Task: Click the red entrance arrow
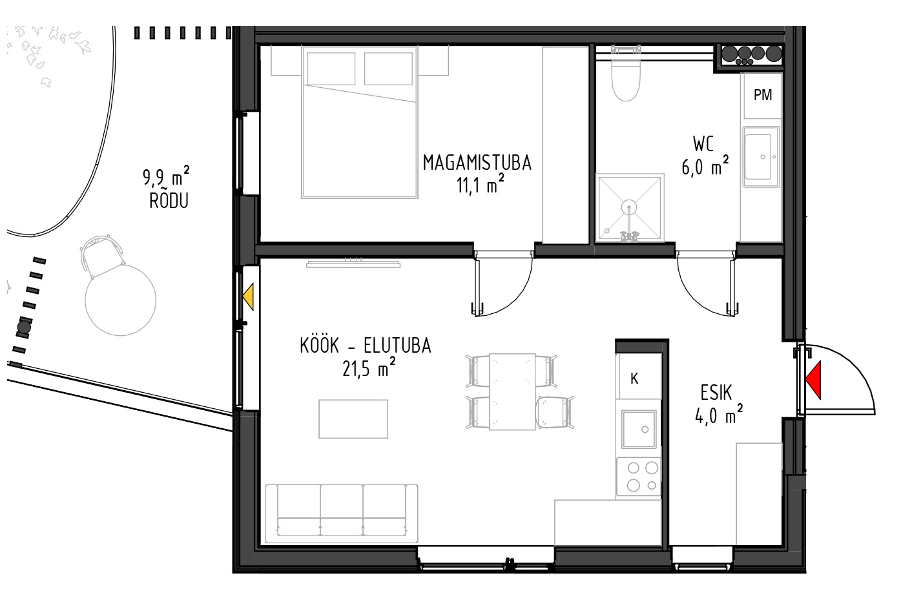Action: (x=813, y=380)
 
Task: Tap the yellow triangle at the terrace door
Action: (x=248, y=296)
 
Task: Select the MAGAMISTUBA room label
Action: (x=477, y=163)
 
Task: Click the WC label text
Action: (x=703, y=144)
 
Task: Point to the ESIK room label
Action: (x=716, y=393)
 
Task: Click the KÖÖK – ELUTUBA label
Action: (x=365, y=346)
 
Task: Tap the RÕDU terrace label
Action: (x=169, y=201)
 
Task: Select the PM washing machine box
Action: (x=763, y=96)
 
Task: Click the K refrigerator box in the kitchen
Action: (x=638, y=377)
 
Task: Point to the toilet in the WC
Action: (x=625, y=81)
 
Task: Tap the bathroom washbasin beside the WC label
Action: (x=761, y=157)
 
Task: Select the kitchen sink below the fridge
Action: (x=639, y=429)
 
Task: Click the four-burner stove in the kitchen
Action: (x=639, y=477)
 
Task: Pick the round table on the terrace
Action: (x=120, y=300)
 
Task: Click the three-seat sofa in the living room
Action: (x=342, y=514)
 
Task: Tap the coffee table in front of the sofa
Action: (x=353, y=419)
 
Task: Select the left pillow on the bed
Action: (x=331, y=68)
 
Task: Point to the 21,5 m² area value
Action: (x=369, y=368)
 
